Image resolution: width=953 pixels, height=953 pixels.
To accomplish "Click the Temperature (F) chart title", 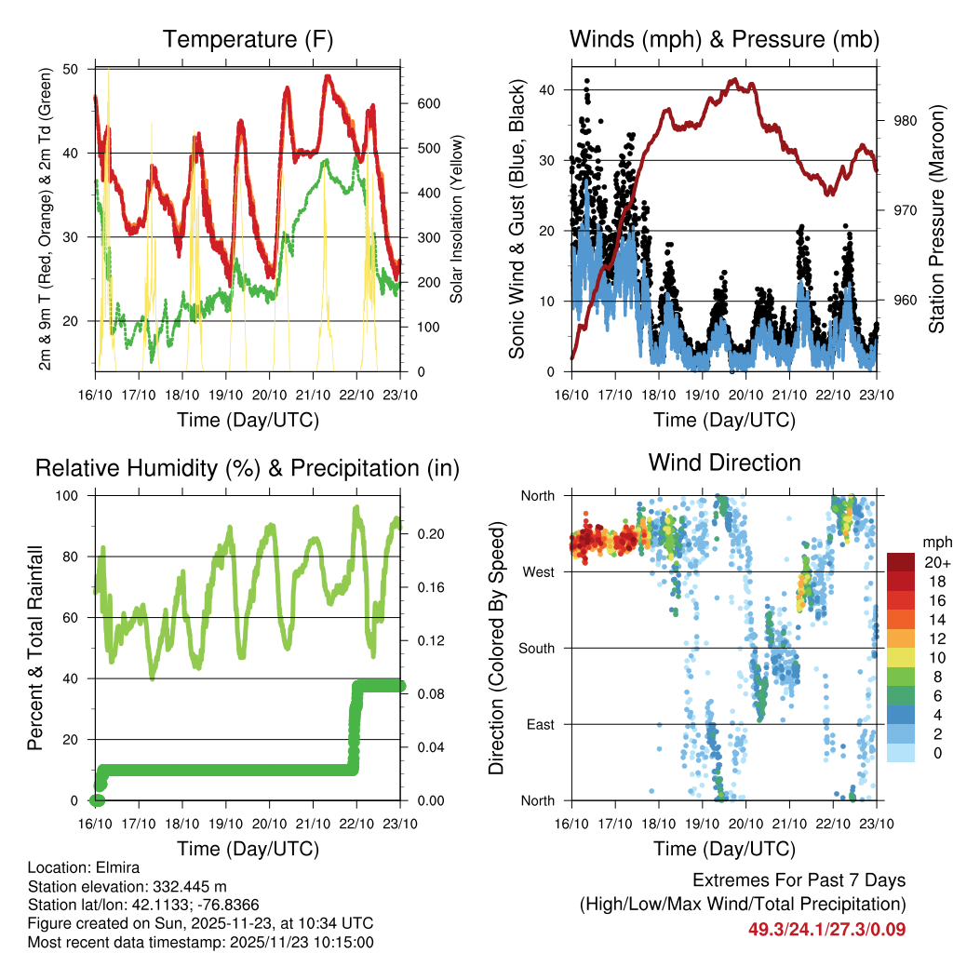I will pyautogui.click(x=248, y=40).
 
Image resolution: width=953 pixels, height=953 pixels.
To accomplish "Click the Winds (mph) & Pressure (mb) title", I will pyautogui.click(x=724, y=40).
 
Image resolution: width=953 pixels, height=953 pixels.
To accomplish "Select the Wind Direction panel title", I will pyautogui.click(x=724, y=463).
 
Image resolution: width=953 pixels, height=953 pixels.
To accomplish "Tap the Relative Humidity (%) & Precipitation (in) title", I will pyautogui.click(x=248, y=468).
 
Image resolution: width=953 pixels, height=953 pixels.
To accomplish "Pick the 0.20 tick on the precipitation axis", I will pyautogui.click(x=429, y=534).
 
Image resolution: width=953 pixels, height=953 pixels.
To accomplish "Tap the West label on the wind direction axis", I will pyautogui.click(x=538, y=571).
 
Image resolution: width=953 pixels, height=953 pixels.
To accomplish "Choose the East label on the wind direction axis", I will pyautogui.click(x=540, y=724).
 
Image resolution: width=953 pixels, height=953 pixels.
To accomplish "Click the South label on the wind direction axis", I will pyautogui.click(x=536, y=648).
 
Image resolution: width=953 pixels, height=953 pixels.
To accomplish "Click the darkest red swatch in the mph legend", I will pyautogui.click(x=900, y=562).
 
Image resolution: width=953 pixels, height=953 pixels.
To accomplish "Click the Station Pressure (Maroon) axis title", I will pyautogui.click(x=936, y=219).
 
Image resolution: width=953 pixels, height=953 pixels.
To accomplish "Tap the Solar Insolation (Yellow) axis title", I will pyautogui.click(x=456, y=219).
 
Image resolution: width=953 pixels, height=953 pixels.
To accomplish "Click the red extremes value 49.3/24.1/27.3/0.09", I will pyautogui.click(x=826, y=930).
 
